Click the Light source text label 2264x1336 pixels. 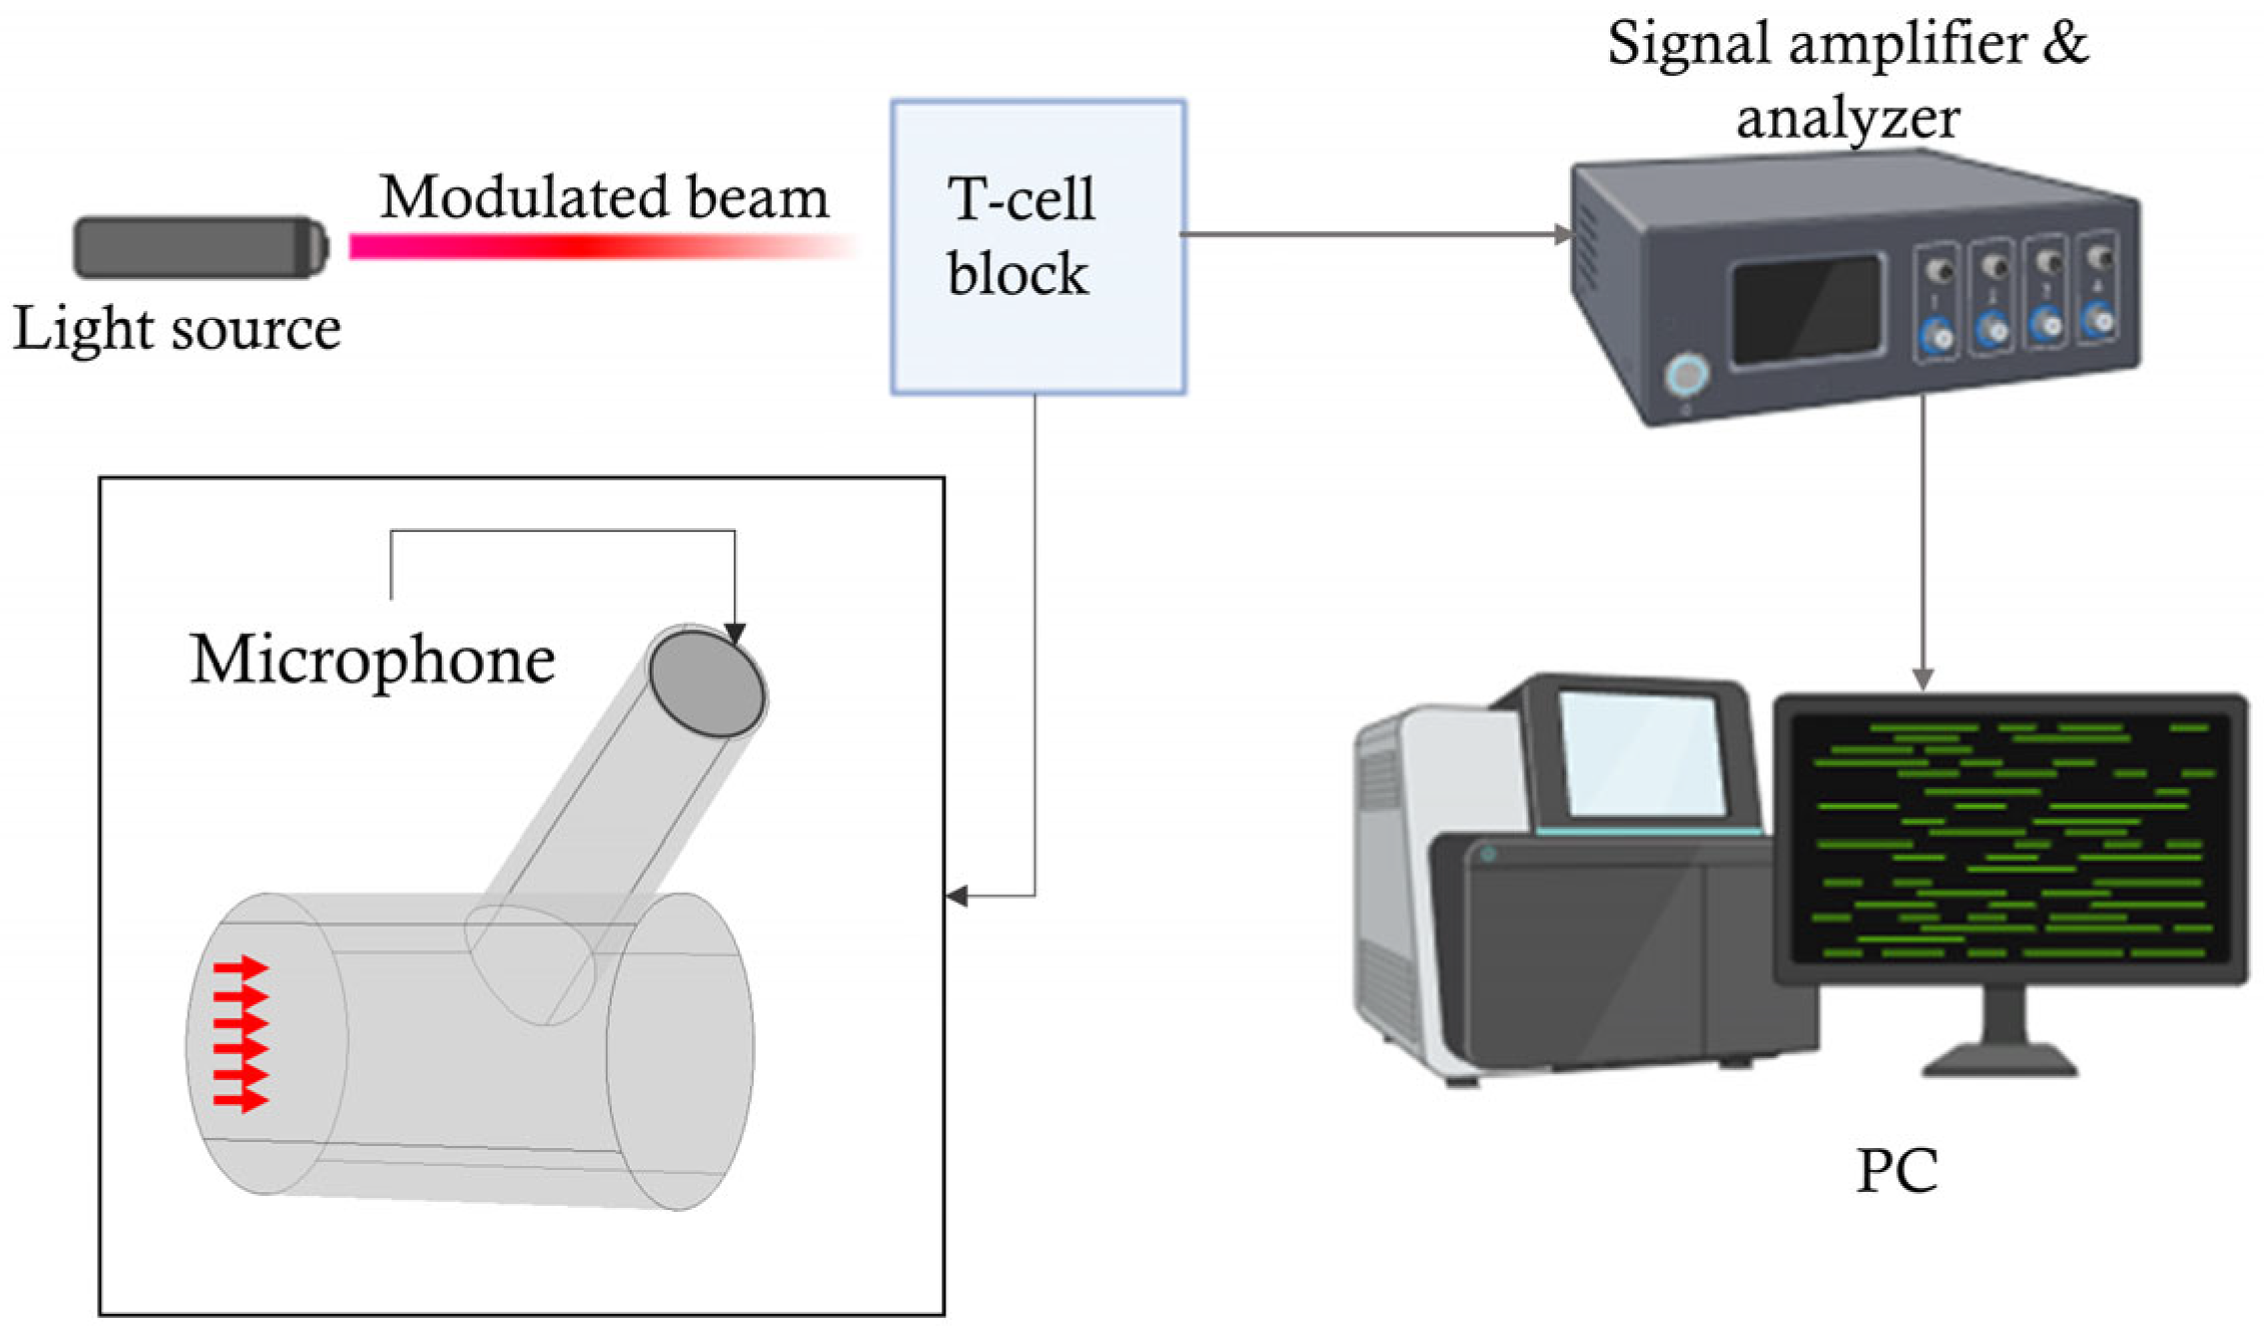click(x=177, y=330)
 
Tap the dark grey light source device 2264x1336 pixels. click(x=201, y=247)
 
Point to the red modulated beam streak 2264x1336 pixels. click(x=600, y=246)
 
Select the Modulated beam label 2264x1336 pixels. click(x=604, y=197)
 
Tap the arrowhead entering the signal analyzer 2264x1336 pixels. click(x=1562, y=235)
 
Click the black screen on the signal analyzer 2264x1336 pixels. click(x=1807, y=309)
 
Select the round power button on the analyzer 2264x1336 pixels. click(x=1687, y=376)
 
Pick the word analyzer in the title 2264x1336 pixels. click(x=1847, y=118)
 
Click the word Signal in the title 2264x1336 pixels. click(x=1689, y=45)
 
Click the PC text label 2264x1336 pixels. click(x=1896, y=1171)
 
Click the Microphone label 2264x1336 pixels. click(x=372, y=660)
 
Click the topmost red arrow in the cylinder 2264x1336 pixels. click(x=241, y=967)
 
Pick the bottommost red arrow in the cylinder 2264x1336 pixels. click(x=241, y=1100)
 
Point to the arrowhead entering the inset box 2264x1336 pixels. click(x=957, y=895)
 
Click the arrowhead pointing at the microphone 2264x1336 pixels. click(x=736, y=634)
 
